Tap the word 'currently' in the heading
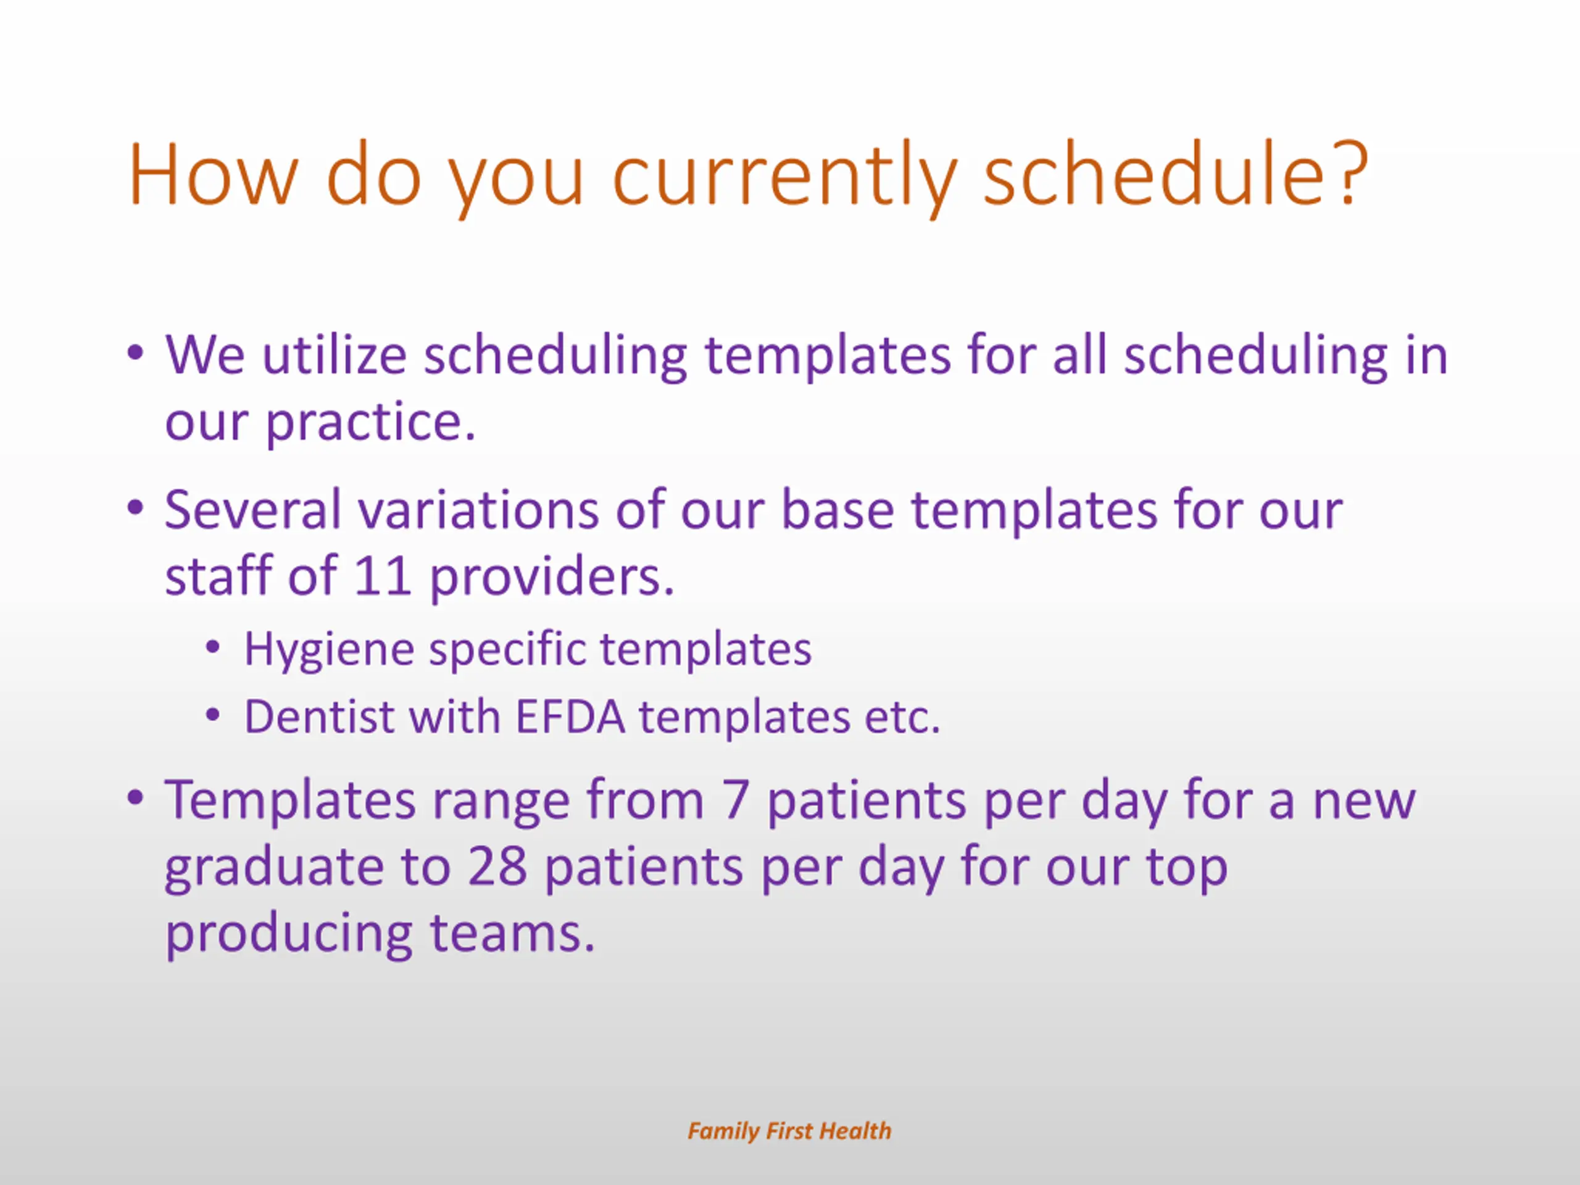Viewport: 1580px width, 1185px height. pos(784,179)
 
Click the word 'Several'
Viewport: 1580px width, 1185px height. pos(253,510)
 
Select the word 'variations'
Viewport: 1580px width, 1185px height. pos(478,510)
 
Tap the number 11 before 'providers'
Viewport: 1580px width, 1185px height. pos(382,576)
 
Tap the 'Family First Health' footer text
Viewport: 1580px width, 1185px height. pos(789,1131)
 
